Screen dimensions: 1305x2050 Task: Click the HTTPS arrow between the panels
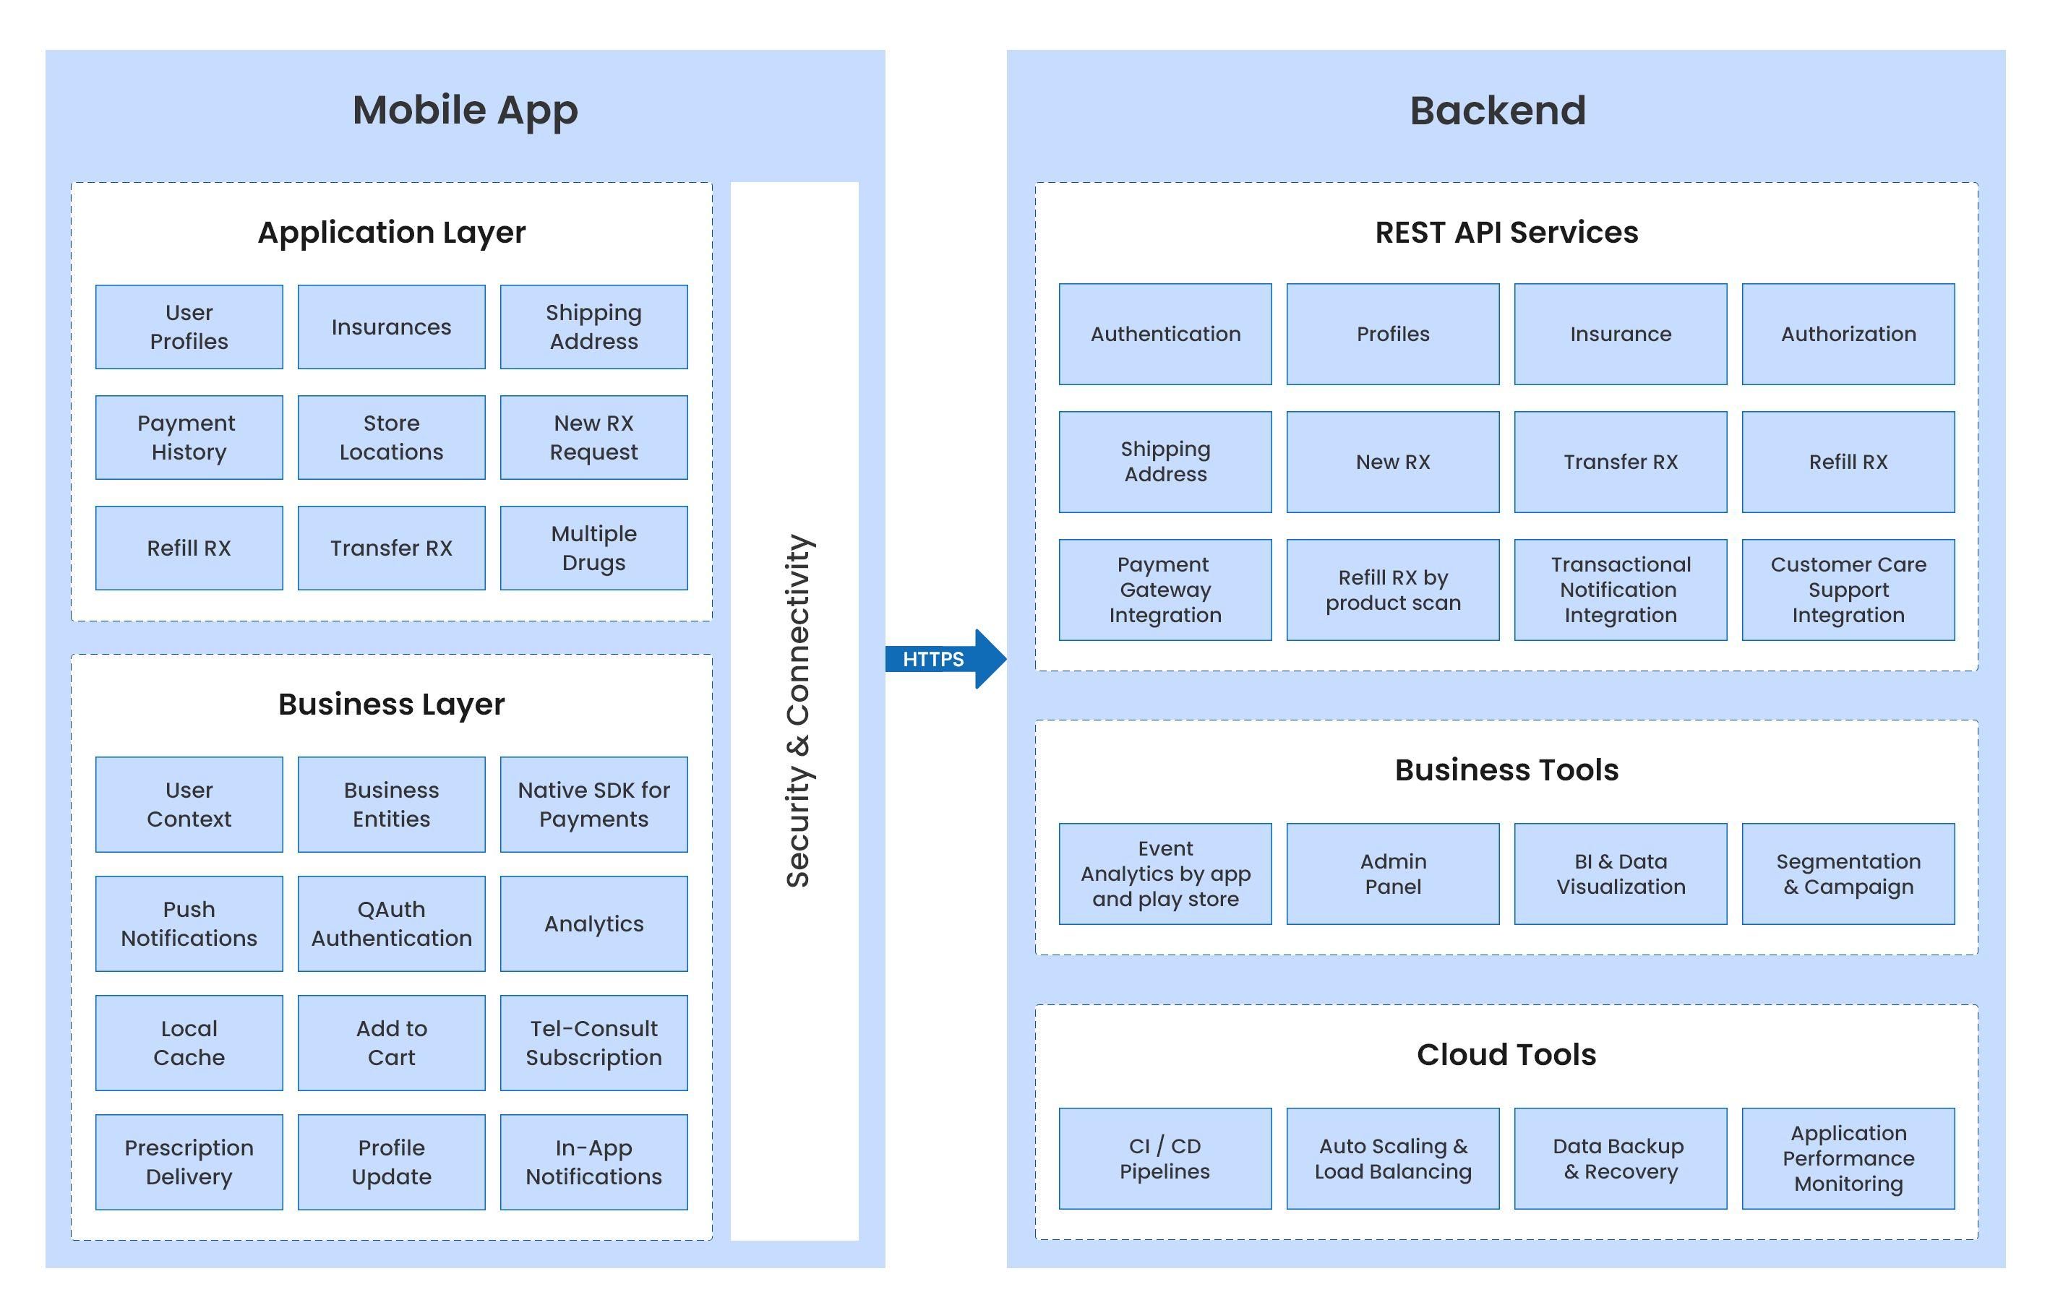point(940,659)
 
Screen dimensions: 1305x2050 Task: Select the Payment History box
point(189,438)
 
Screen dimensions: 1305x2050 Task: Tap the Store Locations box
point(392,438)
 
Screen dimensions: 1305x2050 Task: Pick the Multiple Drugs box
point(593,548)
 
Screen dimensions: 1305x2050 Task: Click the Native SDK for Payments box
point(593,804)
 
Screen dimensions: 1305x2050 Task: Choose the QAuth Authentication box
point(392,923)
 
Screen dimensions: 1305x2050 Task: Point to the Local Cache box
point(189,1043)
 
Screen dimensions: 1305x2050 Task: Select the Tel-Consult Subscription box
point(593,1043)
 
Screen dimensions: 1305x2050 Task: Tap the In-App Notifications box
point(593,1162)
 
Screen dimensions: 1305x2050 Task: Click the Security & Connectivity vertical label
point(797,711)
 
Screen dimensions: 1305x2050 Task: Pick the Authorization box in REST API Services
point(1848,335)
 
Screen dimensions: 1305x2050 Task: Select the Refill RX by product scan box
point(1393,590)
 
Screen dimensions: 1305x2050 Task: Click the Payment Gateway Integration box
point(1165,590)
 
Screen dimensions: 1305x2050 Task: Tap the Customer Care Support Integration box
point(1848,590)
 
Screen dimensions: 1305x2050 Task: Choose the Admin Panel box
point(1393,874)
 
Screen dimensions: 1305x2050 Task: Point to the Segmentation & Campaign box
point(1848,874)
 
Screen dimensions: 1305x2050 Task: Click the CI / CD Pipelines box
point(1165,1158)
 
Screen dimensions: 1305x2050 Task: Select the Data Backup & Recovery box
point(1620,1158)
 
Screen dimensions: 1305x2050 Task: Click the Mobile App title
point(465,111)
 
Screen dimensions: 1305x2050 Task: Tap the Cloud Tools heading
point(1506,1055)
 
